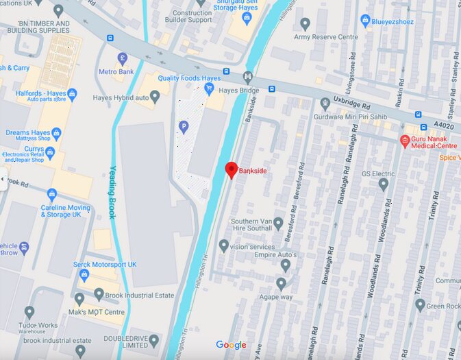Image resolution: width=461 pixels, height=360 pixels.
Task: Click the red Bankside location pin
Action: click(232, 169)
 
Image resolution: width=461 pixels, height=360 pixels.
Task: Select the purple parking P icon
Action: click(183, 126)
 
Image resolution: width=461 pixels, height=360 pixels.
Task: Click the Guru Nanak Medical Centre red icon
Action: click(405, 141)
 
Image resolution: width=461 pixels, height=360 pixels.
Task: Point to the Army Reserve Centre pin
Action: click(306, 24)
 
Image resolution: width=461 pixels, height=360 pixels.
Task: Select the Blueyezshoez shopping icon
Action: click(365, 21)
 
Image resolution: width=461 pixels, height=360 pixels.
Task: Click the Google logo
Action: click(231, 345)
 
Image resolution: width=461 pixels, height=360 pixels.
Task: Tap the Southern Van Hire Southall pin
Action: click(278, 224)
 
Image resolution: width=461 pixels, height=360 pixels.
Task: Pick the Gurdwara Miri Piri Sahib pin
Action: click(325, 104)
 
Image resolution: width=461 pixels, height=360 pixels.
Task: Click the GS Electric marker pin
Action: click(383, 184)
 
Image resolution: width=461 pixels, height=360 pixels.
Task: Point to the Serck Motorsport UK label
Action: click(105, 264)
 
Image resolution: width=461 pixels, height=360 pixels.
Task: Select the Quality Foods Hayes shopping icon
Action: click(209, 88)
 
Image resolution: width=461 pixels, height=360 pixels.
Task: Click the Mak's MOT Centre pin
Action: click(79, 300)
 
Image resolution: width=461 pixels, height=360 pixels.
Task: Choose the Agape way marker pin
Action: click(281, 284)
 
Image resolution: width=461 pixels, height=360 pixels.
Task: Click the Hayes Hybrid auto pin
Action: click(155, 97)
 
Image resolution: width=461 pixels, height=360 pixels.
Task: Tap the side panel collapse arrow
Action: click(3, 180)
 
